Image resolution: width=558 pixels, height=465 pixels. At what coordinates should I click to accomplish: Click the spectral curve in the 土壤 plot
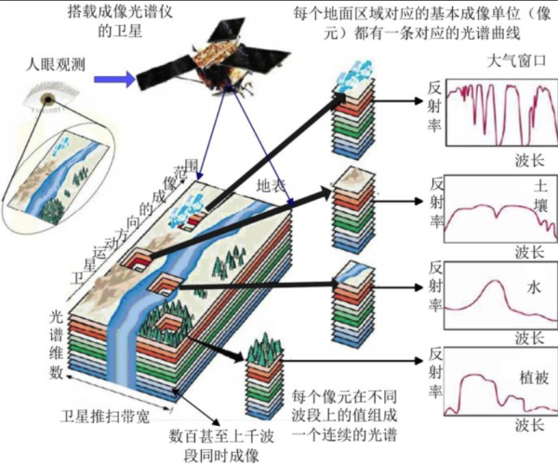[493, 216]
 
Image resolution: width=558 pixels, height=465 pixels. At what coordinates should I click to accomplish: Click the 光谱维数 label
[57, 345]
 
